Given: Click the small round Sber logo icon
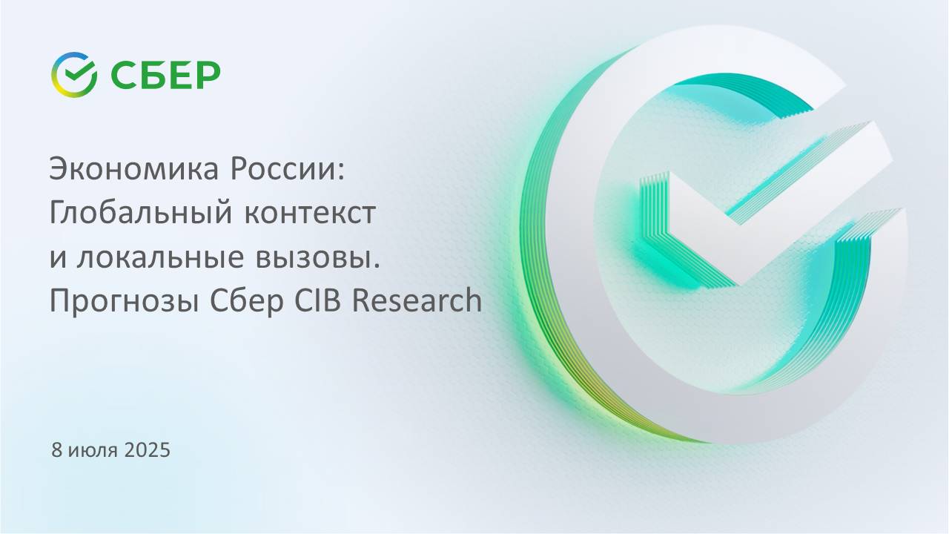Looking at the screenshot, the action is coord(74,75).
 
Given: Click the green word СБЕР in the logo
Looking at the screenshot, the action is coord(165,75).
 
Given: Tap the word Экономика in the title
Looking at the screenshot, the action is coord(134,168).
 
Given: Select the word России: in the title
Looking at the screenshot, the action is coord(288,168).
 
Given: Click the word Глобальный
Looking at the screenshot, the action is coord(141,212).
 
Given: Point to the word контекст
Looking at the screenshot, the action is coord(310,213).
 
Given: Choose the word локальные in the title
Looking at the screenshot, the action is coord(161,257).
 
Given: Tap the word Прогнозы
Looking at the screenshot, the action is coord(125,301).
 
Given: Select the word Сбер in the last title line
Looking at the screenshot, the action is coord(247,301).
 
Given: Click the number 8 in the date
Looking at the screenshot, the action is coord(57,449).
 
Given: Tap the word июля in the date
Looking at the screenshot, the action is coord(93,450).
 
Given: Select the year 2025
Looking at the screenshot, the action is coord(147,449).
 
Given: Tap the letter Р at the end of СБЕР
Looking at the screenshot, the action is coord(209,75).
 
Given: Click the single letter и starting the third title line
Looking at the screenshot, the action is coord(58,259).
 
